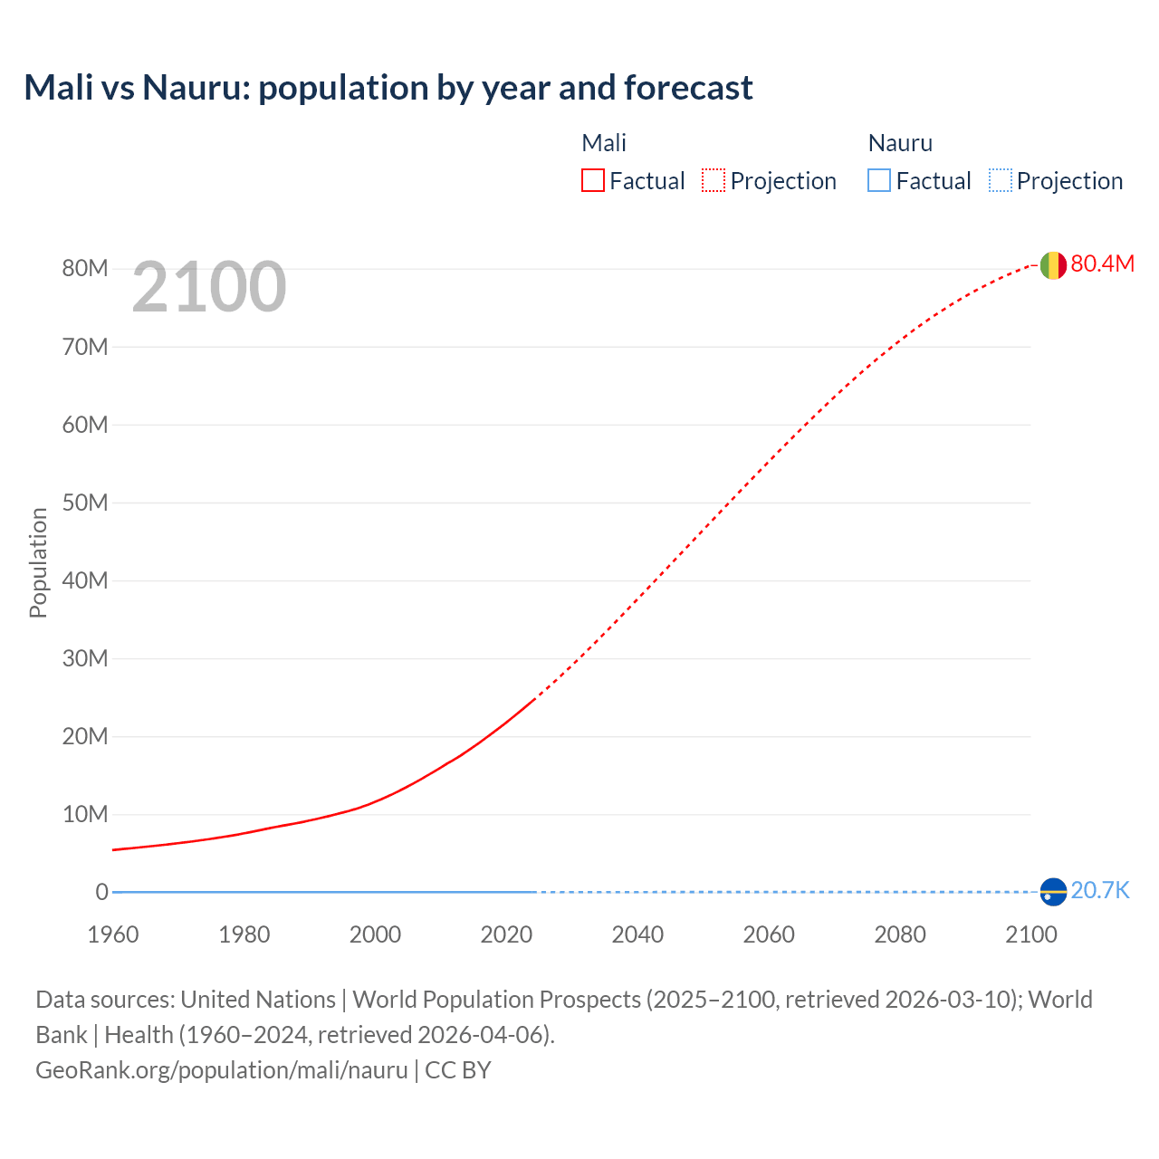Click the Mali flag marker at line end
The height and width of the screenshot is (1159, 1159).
(1053, 265)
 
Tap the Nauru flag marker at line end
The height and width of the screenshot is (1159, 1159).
(1053, 892)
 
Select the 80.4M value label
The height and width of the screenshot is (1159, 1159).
(1102, 263)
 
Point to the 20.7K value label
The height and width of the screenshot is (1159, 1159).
(1100, 891)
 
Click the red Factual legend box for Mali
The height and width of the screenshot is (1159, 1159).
(593, 181)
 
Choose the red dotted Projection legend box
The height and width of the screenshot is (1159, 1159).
(714, 181)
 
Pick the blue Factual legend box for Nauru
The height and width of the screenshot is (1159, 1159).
(879, 181)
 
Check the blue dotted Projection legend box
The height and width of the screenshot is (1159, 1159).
(1001, 181)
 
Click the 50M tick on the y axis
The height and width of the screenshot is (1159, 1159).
(85, 503)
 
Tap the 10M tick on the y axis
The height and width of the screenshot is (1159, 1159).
(85, 814)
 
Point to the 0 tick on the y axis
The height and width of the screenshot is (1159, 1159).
(101, 892)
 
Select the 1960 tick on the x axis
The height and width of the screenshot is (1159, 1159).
(113, 934)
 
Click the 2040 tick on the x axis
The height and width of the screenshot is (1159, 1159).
(637, 934)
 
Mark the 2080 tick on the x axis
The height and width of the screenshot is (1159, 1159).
(900, 934)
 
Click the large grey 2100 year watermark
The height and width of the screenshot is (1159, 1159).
(209, 287)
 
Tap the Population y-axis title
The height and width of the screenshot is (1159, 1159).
(38, 562)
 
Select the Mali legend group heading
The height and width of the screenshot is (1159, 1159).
(604, 143)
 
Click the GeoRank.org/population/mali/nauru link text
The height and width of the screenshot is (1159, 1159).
(222, 1070)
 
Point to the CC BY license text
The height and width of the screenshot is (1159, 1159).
(458, 1070)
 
